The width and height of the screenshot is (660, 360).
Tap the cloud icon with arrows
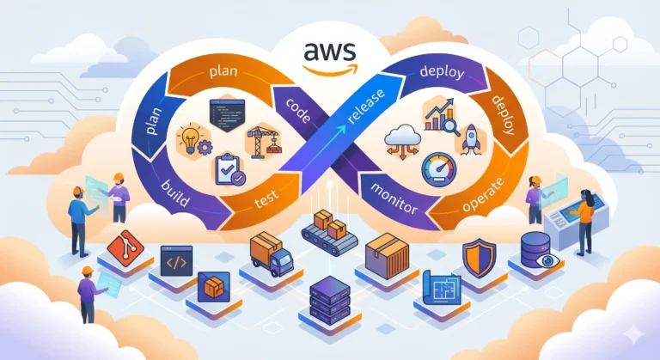coord(401,140)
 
